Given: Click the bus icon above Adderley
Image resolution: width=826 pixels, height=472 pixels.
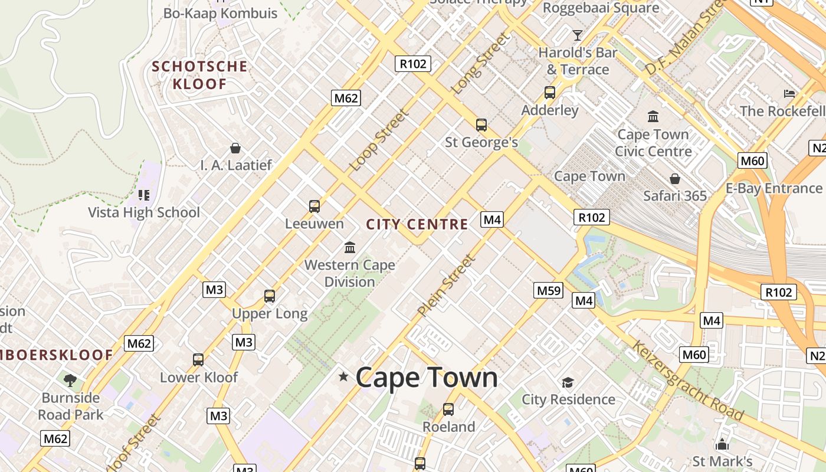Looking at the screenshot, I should [550, 93].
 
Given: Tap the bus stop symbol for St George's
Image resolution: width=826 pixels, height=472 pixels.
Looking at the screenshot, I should [481, 125].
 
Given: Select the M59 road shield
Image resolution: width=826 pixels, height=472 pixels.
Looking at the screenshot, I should [549, 290].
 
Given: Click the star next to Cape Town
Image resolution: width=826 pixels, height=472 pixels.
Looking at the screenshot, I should [343, 376].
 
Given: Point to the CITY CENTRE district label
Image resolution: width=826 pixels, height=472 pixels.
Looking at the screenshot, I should [417, 224].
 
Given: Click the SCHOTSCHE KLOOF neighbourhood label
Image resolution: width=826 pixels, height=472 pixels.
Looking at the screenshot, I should [199, 75].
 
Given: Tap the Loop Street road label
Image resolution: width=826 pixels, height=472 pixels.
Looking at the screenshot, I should [379, 140].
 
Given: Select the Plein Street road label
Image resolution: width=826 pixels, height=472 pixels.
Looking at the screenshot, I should [445, 285].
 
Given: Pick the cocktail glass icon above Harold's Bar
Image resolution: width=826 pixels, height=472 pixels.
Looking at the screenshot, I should [578, 35].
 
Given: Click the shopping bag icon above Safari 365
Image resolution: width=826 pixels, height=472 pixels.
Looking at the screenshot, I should [675, 178].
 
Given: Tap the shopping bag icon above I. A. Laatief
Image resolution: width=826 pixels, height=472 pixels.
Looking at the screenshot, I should [235, 147].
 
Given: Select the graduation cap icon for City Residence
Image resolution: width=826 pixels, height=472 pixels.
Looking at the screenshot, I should [568, 382].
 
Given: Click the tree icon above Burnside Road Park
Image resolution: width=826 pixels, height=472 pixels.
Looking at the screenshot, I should [70, 379].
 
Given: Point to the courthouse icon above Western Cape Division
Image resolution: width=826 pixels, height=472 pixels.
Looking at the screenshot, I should [350, 247].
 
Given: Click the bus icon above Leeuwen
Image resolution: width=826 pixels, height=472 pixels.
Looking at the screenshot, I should [314, 206].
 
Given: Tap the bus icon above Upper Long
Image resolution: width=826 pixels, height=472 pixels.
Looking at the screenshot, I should [270, 296].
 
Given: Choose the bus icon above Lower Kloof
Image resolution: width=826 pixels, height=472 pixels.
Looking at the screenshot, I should [198, 360].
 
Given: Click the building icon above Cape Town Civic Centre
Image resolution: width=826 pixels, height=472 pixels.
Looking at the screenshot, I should [653, 116].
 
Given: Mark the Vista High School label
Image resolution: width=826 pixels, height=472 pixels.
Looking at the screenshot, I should [144, 212].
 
